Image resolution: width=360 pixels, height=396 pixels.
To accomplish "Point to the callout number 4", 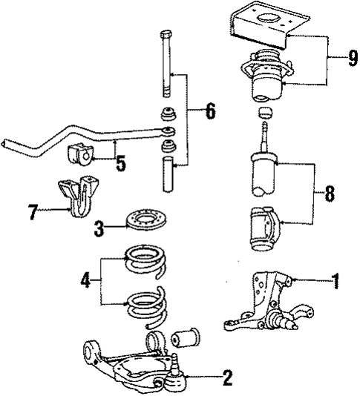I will [x=87, y=281].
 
